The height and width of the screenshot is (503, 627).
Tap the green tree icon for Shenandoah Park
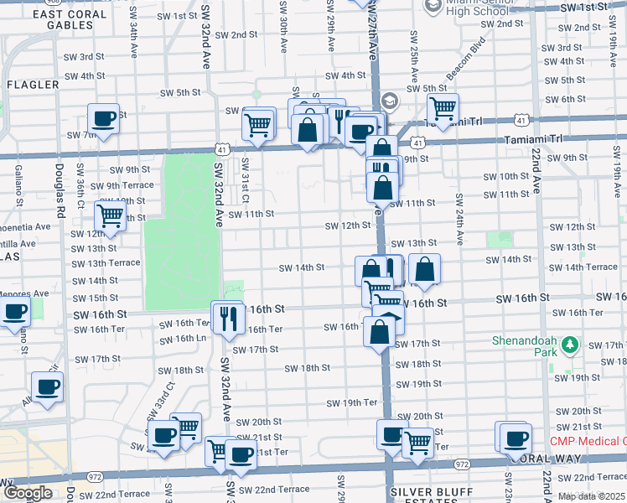[x=571, y=345]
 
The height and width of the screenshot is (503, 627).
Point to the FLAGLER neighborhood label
[x=33, y=85]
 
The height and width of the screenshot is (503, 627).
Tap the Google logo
[x=28, y=493]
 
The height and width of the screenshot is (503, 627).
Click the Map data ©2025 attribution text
[x=591, y=496]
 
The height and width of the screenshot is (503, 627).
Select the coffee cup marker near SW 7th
[x=104, y=119]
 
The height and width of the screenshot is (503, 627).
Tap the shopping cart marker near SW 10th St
[x=111, y=215]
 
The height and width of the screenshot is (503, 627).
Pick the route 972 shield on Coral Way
[x=461, y=463]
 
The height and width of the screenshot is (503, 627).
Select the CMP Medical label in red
[x=587, y=442]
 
